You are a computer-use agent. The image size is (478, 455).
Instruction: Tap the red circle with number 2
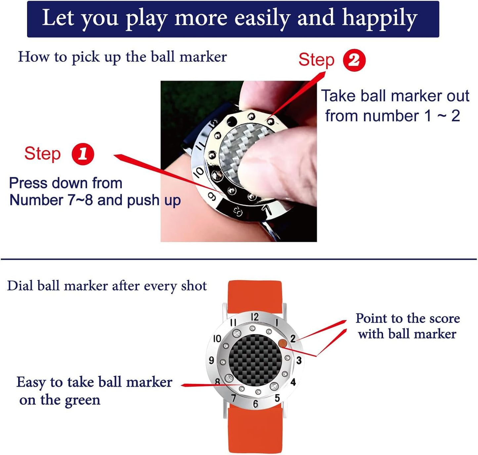(x=354, y=60)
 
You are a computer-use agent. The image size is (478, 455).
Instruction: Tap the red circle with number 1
(x=83, y=154)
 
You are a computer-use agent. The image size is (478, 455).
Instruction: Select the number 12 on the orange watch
(x=254, y=317)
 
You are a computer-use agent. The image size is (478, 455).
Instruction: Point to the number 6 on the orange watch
(x=255, y=404)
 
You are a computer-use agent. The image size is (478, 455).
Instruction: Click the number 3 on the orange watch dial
(x=299, y=360)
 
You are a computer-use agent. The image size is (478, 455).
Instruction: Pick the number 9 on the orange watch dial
(x=211, y=360)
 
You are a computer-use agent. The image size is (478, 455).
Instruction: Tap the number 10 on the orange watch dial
(x=217, y=339)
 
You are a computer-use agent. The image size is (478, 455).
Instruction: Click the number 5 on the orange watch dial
(x=277, y=398)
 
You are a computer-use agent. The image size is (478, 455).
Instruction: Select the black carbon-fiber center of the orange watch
(x=255, y=360)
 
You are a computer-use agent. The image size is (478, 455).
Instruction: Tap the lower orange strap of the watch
(x=255, y=430)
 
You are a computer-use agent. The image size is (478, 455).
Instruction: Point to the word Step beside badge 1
(x=42, y=154)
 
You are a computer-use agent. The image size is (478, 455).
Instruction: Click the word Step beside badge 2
(x=316, y=60)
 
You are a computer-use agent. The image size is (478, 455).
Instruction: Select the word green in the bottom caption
(x=82, y=400)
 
